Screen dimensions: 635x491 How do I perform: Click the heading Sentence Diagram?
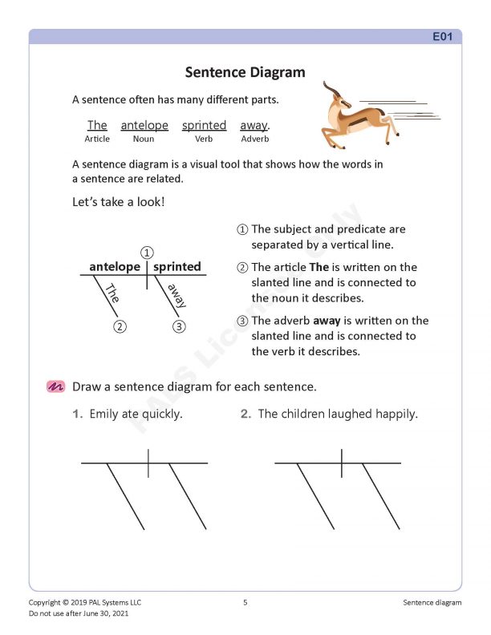tap(245, 72)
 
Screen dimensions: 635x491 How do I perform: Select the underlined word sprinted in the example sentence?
tap(204, 125)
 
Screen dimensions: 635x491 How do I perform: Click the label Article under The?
tap(97, 140)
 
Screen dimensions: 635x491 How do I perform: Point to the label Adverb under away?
tap(254, 140)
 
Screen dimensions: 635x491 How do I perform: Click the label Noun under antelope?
tap(144, 140)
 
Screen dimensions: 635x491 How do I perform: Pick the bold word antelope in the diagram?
tap(115, 266)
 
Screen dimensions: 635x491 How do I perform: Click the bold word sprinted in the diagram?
tap(177, 266)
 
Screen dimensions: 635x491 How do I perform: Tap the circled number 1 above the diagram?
tap(147, 253)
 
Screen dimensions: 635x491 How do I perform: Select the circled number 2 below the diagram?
tap(119, 326)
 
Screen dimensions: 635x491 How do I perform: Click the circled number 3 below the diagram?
tap(179, 326)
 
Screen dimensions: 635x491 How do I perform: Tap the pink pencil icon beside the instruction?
tap(55, 386)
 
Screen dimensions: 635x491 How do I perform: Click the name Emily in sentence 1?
tap(104, 415)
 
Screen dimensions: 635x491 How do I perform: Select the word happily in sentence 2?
tap(395, 415)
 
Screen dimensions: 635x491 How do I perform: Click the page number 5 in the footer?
tap(245, 602)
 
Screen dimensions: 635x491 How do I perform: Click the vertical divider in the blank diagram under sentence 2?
tap(342, 463)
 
